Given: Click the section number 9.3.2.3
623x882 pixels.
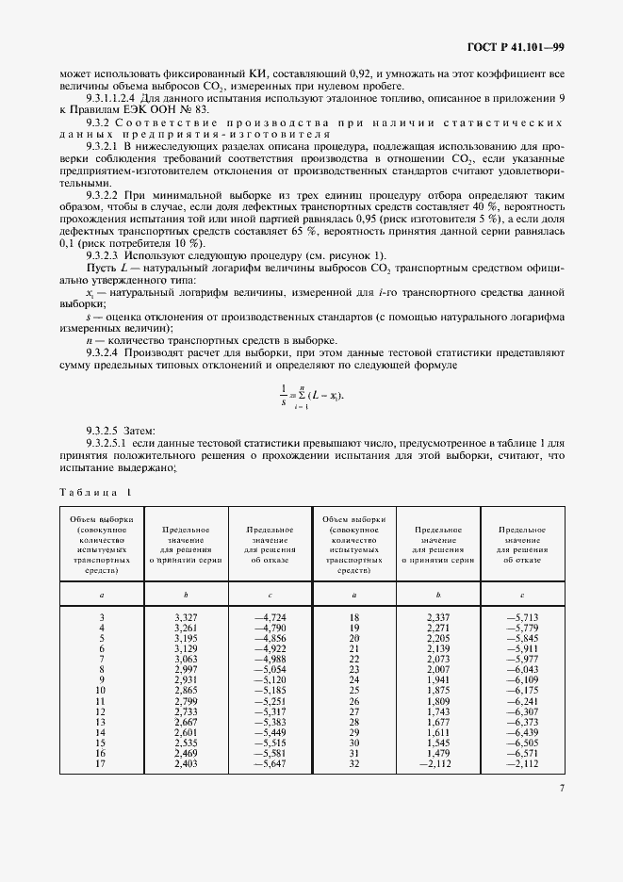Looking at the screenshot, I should [105, 256].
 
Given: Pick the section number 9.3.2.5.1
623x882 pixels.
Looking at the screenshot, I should [111, 442].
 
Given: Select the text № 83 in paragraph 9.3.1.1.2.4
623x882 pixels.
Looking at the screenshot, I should [189, 108].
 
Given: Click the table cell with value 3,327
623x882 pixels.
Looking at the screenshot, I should [186, 617].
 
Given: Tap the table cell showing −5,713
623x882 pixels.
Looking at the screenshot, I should [521, 617].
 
